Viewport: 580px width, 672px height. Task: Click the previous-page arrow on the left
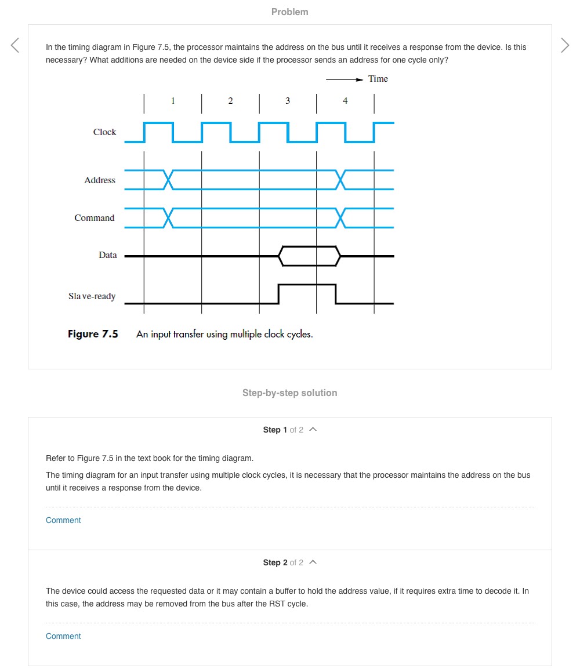[15, 45]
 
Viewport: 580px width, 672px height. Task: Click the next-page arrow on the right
[565, 45]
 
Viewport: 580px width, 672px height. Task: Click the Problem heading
[289, 12]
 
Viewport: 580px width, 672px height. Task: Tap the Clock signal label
[104, 132]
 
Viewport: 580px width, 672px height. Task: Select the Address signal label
[100, 180]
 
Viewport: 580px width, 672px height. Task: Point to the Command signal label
[95, 218]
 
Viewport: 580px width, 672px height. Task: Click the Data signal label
[107, 255]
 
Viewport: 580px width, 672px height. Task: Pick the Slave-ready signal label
[92, 296]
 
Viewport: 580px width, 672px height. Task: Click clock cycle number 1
[173, 101]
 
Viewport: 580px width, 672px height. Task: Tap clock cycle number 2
[230, 101]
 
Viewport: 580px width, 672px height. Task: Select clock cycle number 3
[288, 101]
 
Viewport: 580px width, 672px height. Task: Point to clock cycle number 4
[345, 101]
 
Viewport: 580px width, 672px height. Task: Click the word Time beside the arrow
[378, 79]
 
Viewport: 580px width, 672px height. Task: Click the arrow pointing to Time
[345, 79]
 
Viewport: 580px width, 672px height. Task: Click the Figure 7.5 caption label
[93, 334]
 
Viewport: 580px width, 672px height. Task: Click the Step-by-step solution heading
[289, 393]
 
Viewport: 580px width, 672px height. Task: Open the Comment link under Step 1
[63, 520]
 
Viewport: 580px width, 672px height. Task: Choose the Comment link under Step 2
[63, 636]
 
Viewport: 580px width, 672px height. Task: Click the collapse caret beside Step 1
[313, 430]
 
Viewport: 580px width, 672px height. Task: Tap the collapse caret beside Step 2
[313, 562]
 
